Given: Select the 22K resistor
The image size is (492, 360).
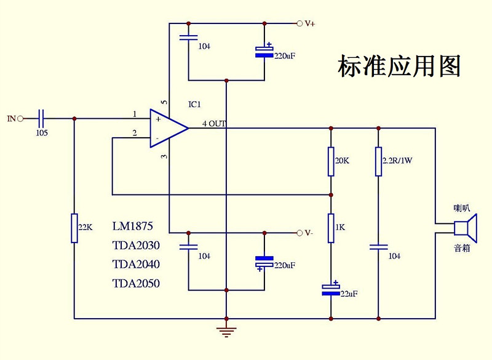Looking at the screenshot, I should (x=74, y=228).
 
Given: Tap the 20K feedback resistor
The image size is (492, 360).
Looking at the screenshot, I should (x=331, y=161).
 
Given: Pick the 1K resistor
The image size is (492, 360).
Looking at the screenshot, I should (x=331, y=227).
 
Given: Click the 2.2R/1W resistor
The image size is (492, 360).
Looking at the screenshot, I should (x=378, y=161).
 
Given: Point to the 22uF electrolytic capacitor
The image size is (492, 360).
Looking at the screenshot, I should (x=331, y=288).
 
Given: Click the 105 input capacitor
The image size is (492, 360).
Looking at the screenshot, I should (x=42, y=118).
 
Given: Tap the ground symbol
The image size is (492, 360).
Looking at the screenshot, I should (x=227, y=332).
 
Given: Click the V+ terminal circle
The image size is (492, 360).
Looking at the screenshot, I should (x=300, y=23).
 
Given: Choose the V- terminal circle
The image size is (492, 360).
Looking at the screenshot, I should (x=300, y=233).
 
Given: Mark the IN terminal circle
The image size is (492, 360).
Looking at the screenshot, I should (x=20, y=118).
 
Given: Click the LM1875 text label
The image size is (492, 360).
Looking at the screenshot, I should (x=133, y=226).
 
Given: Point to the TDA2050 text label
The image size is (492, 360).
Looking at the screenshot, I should (x=136, y=284).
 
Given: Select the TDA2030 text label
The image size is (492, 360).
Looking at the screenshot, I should (x=136, y=246).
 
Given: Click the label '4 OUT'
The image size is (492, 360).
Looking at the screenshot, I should (x=214, y=124).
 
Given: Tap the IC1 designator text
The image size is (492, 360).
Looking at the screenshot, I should (x=195, y=105).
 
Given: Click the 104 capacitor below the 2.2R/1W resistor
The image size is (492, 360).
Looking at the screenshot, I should (x=378, y=247).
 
